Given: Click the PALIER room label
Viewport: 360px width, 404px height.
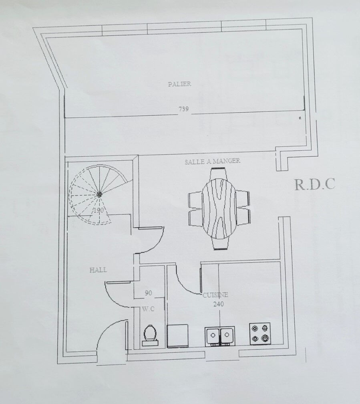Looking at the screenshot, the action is tap(179, 84).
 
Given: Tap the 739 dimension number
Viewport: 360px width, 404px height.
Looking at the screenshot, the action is tap(184, 109).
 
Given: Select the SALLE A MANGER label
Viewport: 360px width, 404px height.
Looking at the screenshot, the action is tap(213, 161).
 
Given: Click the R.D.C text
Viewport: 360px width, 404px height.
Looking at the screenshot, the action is tap(315, 184).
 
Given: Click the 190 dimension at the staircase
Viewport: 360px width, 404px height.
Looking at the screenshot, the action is tap(99, 210).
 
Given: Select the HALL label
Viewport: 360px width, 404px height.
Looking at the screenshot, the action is tap(98, 270).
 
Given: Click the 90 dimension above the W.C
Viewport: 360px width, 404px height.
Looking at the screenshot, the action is tap(148, 293).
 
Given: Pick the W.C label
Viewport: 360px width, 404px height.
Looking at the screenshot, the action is tap(148, 309).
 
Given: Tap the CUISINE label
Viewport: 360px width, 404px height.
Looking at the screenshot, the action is tap(215, 295).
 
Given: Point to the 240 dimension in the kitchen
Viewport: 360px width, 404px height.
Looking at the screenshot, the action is tap(218, 304).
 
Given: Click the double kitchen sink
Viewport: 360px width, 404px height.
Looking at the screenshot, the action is tap(220, 336).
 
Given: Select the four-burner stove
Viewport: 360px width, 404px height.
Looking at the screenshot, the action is tap(260, 333).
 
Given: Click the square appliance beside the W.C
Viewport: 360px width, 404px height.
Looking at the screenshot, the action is tap(177, 336).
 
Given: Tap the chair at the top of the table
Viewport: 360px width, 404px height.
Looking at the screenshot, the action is tap(219, 174).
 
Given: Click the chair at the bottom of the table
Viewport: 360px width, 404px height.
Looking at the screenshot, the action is tap(221, 244).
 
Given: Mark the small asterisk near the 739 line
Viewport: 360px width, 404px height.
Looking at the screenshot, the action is tap(300, 118).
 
